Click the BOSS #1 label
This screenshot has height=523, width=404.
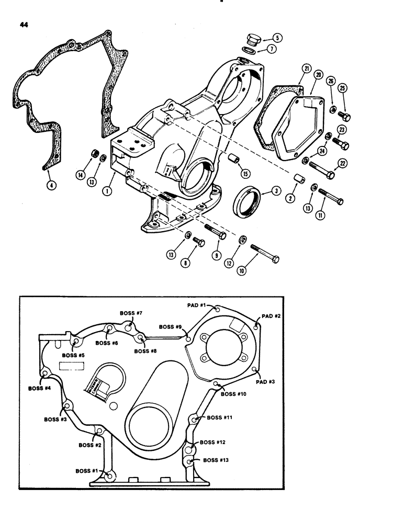(88, 471)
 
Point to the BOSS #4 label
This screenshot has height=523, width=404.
(40, 389)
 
